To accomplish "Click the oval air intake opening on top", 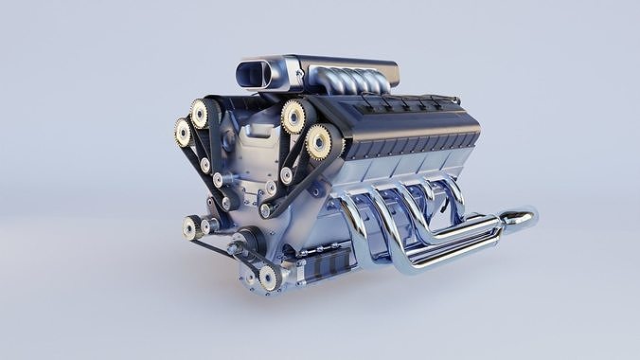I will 256,75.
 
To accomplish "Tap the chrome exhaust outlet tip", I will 521,220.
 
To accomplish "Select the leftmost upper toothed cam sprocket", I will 182,132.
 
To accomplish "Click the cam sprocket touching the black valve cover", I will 318,142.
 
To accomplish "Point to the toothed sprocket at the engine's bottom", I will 268,277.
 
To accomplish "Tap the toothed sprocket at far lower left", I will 191,226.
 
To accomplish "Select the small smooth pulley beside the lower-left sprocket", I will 207,225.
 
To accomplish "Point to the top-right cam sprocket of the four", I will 293,117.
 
